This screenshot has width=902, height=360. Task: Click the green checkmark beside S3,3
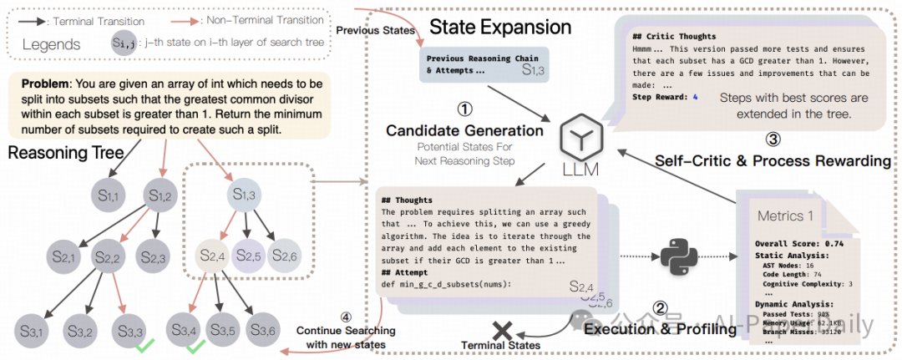145,344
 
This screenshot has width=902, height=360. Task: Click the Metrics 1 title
785,216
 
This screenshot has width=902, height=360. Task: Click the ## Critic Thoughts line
674,37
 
